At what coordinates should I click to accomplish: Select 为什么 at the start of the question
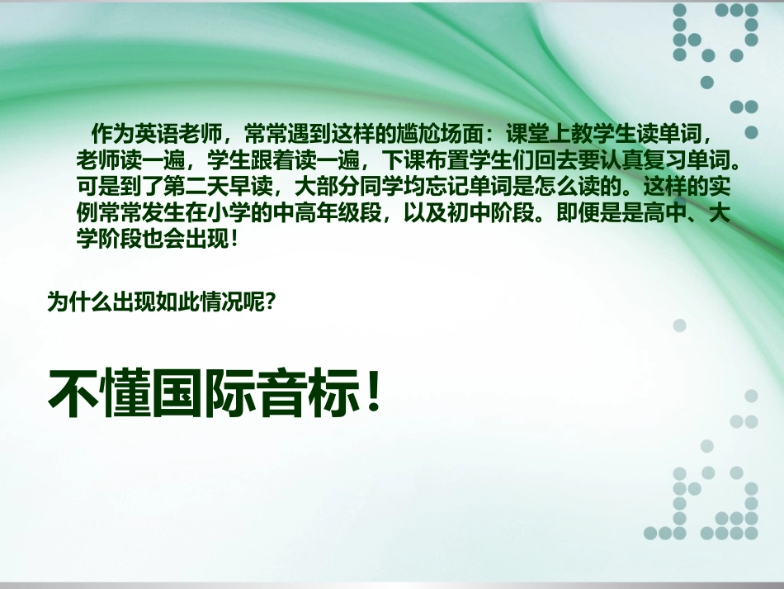tap(78, 302)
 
